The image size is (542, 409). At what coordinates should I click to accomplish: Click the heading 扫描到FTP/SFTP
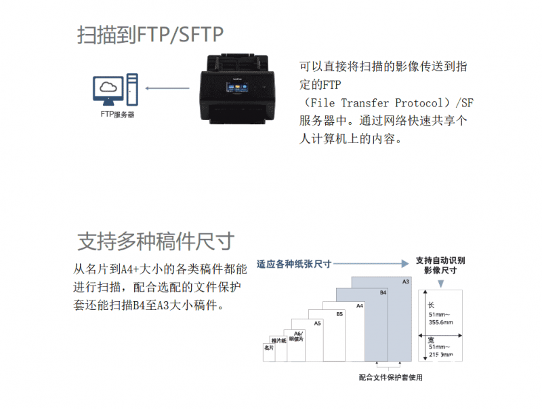pos(150,35)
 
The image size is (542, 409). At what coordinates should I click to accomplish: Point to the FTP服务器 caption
pos(117,115)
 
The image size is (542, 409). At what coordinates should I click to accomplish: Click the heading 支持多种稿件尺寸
pos(156,241)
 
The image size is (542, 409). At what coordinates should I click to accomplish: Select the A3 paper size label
pos(406,281)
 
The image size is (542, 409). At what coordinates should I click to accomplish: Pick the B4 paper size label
pos(382,292)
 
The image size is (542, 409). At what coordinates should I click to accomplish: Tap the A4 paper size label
pos(360,306)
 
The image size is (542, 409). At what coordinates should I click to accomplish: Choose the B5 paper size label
pos(339,314)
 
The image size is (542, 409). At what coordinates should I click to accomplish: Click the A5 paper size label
pos(317,324)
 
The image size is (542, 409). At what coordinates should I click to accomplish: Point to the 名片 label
pos(268,347)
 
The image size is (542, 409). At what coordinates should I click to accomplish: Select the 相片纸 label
pos(278,340)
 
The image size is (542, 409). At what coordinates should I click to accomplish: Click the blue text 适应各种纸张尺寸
pos(293,263)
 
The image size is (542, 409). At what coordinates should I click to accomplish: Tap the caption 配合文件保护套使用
pos(395,378)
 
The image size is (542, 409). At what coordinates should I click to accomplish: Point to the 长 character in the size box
pos(431,305)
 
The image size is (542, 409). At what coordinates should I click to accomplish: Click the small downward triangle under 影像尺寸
pos(441,282)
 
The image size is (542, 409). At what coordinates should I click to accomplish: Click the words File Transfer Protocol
pos(377,103)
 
